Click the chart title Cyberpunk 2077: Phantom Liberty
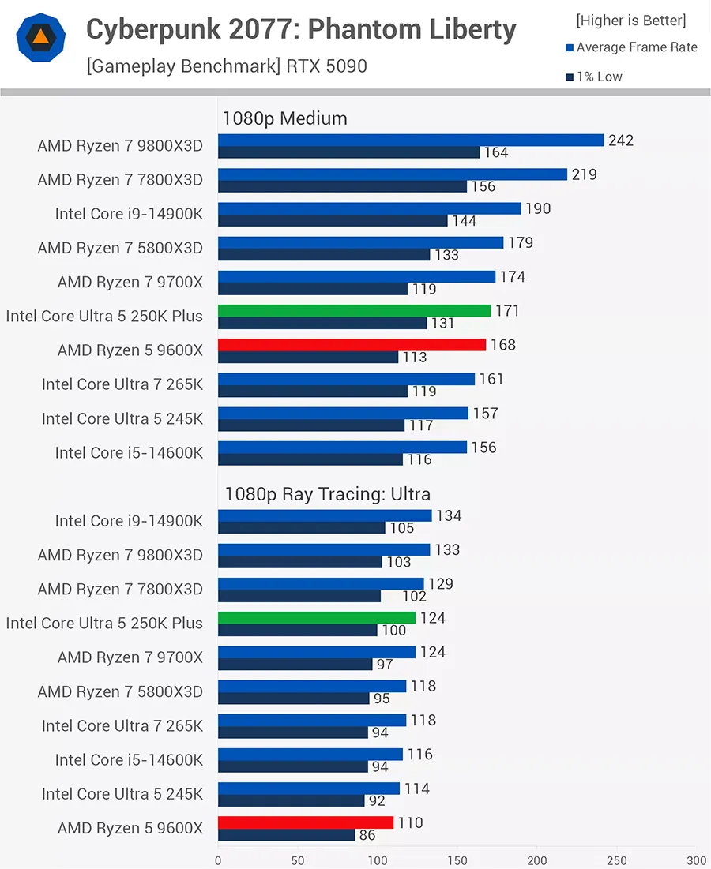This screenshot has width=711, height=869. [301, 30]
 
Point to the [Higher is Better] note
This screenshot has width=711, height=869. [631, 20]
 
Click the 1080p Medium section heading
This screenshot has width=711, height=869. [284, 118]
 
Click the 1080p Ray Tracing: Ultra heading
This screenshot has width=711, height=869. [327, 494]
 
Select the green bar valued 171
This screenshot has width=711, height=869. [354, 311]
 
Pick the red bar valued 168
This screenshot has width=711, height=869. [352, 345]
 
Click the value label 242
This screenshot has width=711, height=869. [621, 140]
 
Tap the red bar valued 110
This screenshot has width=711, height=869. [306, 822]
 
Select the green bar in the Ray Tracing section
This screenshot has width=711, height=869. [316, 618]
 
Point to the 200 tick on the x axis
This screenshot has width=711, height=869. [537, 860]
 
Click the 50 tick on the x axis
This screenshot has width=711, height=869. [298, 860]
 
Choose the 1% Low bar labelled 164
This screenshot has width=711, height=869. [348, 152]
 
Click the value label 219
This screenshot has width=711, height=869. [584, 174]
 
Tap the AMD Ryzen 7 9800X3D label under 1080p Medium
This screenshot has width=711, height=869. [120, 146]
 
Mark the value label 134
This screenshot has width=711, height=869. [449, 515]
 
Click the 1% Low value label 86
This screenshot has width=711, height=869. [367, 835]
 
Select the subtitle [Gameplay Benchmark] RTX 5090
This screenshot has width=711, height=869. [227, 66]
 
